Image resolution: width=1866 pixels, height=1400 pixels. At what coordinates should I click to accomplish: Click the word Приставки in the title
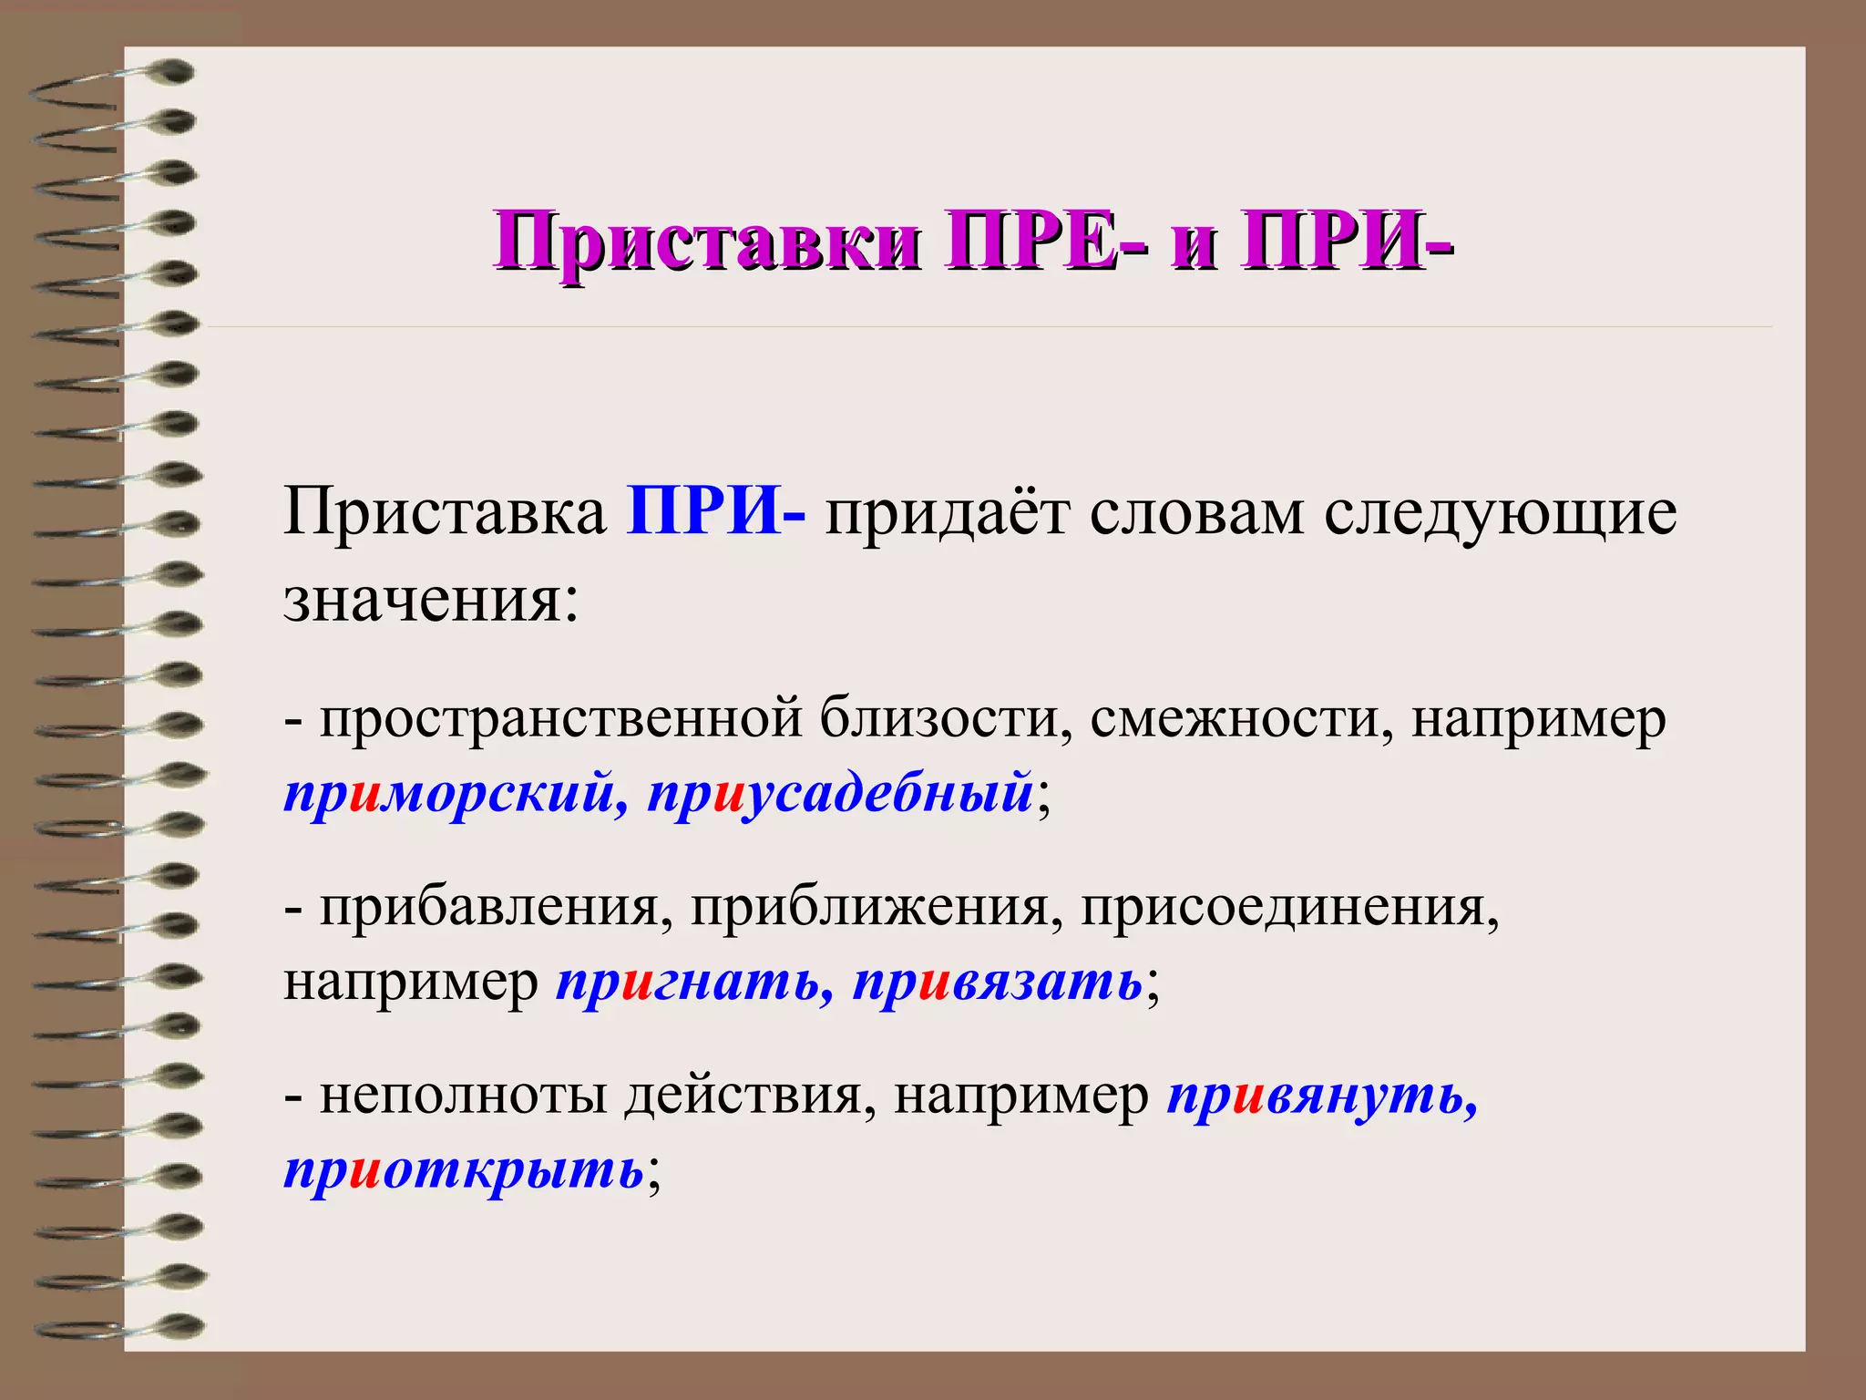pos(706,242)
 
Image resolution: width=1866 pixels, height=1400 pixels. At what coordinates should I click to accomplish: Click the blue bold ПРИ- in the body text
pos(715,513)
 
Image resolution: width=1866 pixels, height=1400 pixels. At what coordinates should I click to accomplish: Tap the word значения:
pos(431,602)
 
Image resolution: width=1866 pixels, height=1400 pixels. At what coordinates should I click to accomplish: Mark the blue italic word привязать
pos(998,983)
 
